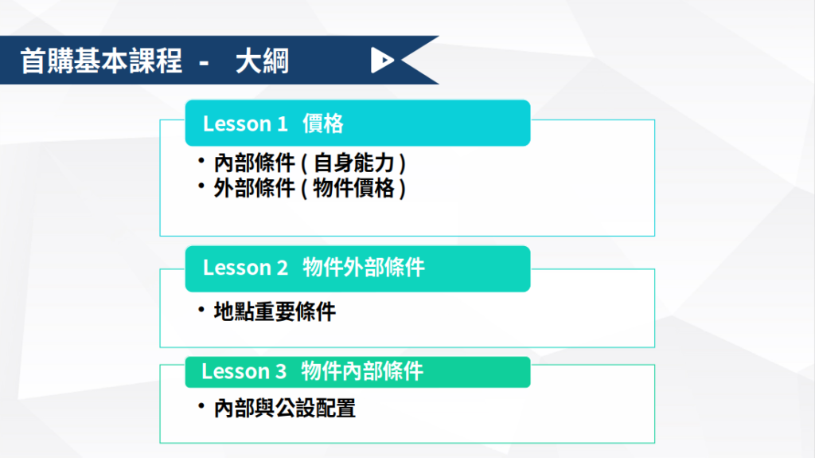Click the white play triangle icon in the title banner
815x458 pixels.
381,60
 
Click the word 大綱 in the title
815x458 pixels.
262,61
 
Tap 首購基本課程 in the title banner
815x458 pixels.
101,61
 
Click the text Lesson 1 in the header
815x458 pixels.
245,124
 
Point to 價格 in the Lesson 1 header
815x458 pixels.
323,124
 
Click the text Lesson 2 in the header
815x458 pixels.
245,268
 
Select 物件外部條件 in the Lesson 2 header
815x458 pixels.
364,268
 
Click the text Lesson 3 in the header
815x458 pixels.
244,372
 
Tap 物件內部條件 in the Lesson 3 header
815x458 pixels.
362,372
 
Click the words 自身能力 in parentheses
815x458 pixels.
354,163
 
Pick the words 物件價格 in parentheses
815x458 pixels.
354,189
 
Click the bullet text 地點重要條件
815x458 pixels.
275,311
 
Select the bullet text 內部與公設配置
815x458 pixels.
285,408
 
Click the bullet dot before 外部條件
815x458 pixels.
201,186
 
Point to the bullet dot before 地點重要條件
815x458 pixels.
201,310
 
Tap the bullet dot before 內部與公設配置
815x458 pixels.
201,405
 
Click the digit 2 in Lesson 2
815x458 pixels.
283,268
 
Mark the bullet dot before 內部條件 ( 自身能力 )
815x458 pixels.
201,160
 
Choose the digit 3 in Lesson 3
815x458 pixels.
281,372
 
